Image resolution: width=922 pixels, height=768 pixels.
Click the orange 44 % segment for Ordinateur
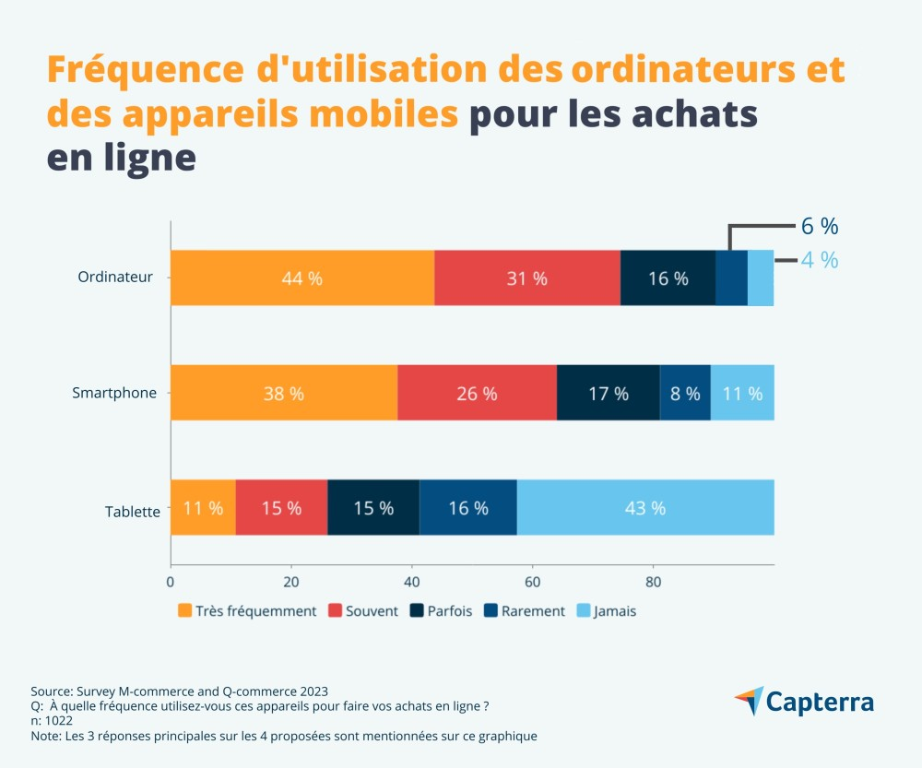302,278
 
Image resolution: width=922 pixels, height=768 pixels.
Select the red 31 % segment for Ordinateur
527,278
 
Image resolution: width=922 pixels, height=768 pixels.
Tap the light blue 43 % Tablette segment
644,508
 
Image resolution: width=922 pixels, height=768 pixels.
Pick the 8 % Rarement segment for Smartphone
685,394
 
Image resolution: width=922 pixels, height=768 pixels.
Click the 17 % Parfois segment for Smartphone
609,394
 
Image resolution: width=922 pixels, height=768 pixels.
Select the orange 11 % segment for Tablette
203,508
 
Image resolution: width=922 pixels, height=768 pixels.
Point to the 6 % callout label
819,227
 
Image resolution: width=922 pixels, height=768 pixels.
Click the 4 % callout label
819,260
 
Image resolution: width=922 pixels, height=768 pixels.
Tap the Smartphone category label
114,393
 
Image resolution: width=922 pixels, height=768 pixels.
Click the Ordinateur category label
115,277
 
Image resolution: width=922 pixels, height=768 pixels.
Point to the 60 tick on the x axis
532,582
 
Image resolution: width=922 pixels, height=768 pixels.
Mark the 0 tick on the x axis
171,582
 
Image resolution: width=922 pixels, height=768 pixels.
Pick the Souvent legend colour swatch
335,610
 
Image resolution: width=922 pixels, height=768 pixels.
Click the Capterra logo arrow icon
750,700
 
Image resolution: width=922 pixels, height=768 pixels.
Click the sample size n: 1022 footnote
52,721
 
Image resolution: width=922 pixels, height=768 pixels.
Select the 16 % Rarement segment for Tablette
468,508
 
